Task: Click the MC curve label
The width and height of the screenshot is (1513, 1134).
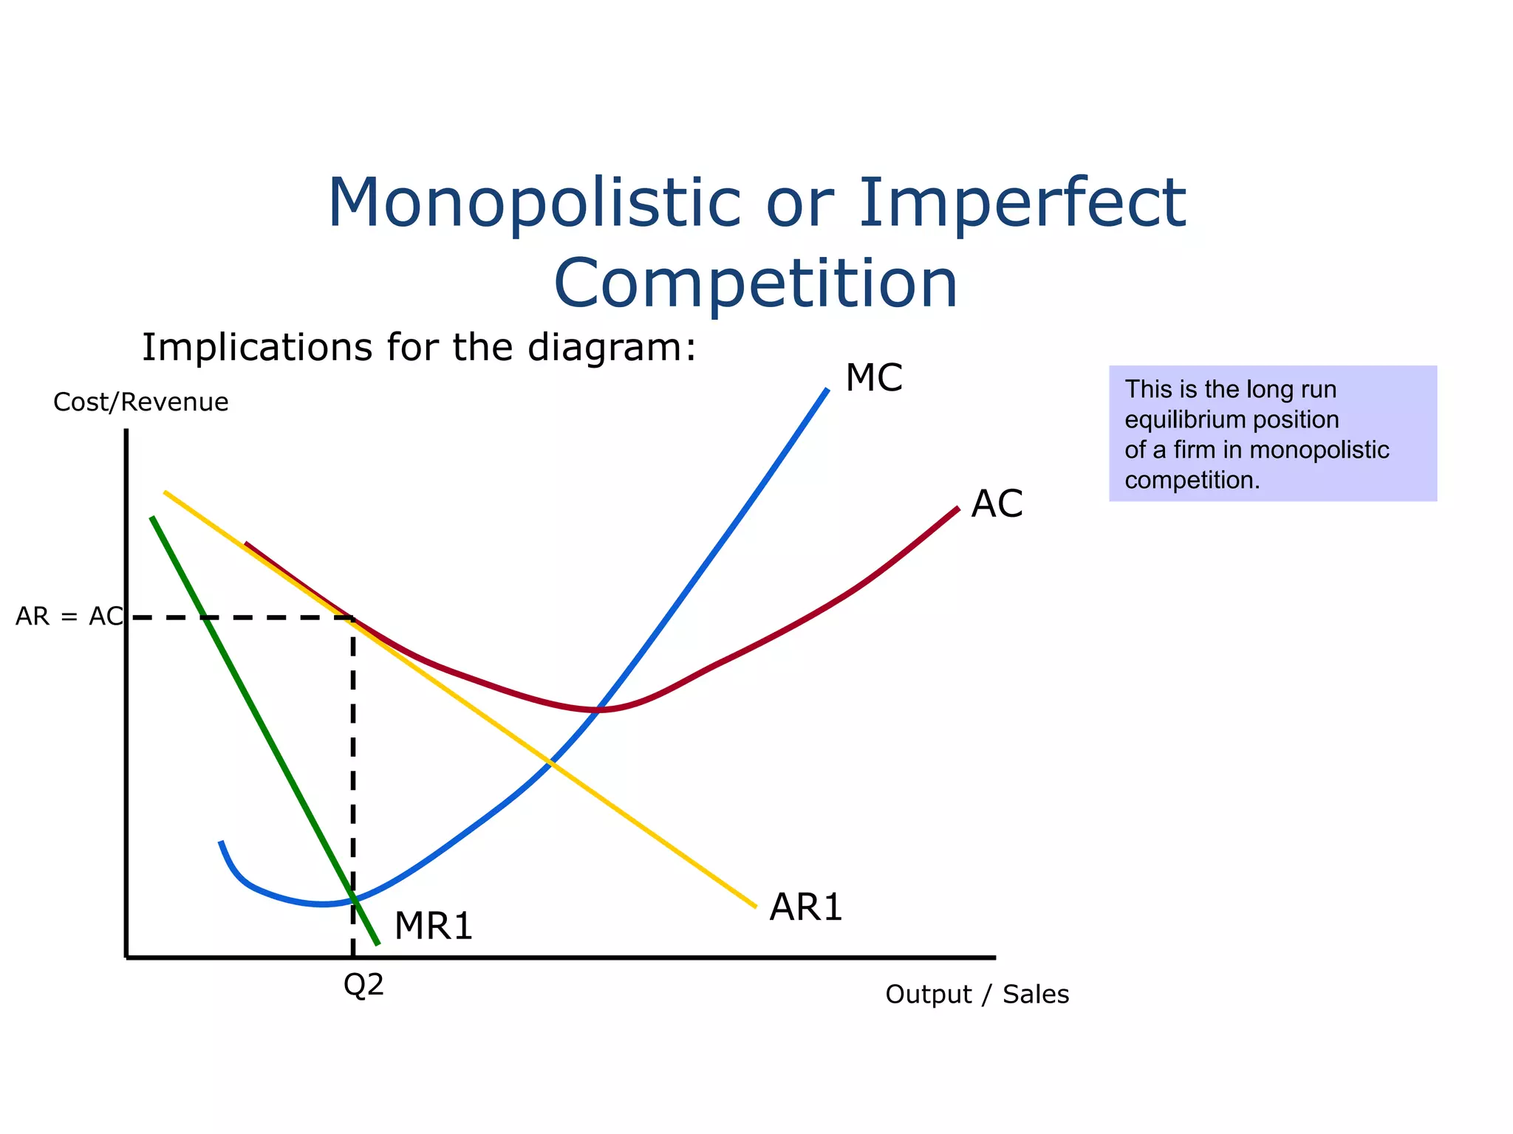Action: point(874,378)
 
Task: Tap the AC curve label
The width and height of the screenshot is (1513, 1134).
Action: point(997,504)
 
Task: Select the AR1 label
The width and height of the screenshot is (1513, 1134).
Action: point(805,907)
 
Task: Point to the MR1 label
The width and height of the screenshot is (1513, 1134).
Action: point(434,926)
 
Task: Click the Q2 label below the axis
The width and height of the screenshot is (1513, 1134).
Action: point(364,985)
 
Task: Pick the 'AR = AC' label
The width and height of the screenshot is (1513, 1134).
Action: point(69,616)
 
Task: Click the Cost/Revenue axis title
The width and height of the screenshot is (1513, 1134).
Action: point(141,402)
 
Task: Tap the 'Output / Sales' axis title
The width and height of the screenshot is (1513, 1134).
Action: point(977,994)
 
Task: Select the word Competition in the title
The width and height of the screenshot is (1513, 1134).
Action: point(756,284)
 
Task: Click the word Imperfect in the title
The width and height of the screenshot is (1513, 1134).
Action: point(1022,203)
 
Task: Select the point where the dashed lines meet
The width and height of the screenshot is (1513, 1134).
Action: point(353,617)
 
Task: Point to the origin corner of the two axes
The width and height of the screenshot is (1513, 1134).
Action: point(127,957)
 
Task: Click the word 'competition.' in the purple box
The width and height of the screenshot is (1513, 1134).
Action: point(1192,481)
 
